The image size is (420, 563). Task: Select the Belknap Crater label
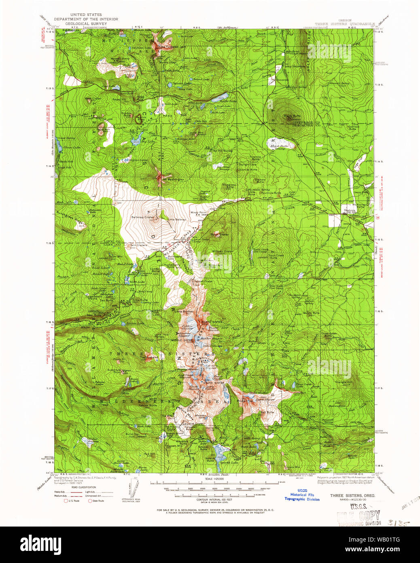[143, 218]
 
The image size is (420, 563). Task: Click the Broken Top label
[244, 401]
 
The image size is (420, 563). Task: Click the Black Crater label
[219, 235]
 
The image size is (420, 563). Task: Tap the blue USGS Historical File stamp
[301, 495]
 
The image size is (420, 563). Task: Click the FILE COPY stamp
[359, 516]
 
